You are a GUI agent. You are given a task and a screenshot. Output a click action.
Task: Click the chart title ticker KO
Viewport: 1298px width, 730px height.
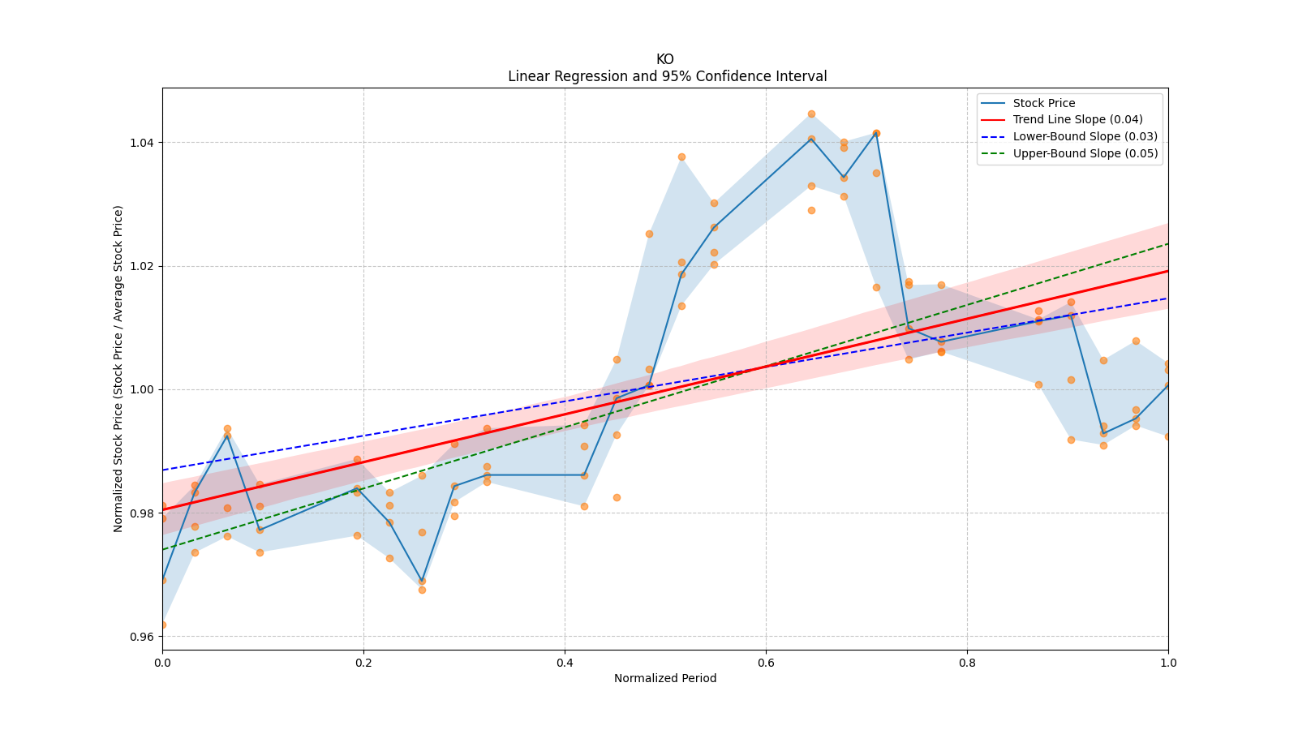[664, 59]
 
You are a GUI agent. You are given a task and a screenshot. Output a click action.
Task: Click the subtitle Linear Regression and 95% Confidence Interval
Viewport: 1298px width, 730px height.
[667, 76]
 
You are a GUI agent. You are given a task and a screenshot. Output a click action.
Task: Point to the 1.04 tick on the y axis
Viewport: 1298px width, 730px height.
[144, 143]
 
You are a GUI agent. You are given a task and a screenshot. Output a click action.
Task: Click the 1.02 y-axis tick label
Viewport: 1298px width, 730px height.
[144, 267]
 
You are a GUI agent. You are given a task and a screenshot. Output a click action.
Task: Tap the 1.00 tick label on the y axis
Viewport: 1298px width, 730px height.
[144, 390]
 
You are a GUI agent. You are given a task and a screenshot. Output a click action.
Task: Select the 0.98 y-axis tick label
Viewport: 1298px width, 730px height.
[144, 513]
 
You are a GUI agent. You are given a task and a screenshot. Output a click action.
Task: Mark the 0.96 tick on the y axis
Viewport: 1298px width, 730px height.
[144, 637]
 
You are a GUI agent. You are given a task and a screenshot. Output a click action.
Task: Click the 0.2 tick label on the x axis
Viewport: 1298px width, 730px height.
[363, 662]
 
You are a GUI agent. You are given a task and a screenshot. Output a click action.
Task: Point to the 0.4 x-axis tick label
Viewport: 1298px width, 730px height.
[565, 662]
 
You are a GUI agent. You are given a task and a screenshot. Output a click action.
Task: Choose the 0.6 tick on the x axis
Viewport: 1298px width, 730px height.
[766, 662]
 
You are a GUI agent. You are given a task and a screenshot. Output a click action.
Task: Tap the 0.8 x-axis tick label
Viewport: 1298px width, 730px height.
[967, 662]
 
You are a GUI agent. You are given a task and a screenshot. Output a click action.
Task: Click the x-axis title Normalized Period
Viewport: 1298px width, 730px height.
[665, 678]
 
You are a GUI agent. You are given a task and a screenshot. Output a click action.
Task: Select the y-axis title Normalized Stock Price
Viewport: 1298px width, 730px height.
[118, 369]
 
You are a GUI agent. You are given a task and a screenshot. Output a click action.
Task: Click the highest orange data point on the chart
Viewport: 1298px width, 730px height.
[811, 114]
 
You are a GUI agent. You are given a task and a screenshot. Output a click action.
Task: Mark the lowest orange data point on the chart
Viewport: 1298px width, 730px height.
[163, 625]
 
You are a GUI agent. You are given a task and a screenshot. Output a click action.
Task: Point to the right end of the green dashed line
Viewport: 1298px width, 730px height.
[1167, 244]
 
